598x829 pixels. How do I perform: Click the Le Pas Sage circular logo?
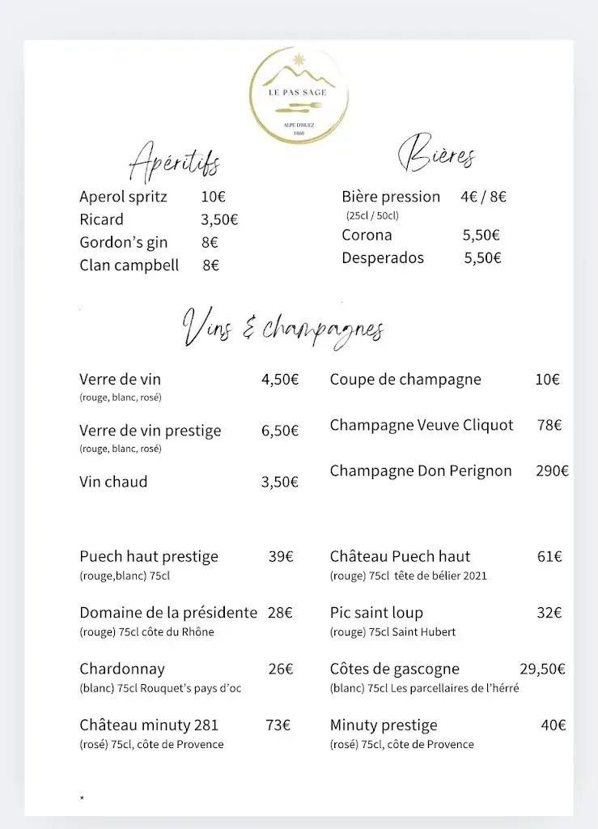point(299,96)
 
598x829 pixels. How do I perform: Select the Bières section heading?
point(436,153)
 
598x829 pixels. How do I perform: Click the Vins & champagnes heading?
point(283,329)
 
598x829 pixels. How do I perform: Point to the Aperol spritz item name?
point(123,197)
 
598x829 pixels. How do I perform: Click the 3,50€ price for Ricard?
point(219,219)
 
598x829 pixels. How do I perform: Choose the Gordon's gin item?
point(123,242)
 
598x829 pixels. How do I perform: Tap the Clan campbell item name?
point(129,265)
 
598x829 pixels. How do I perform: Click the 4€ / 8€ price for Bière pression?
point(483,197)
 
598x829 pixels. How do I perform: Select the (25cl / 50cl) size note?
point(372,216)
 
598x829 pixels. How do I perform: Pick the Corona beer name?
point(367,236)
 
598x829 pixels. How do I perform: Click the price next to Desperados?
point(482,258)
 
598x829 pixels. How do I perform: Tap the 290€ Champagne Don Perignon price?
point(552,471)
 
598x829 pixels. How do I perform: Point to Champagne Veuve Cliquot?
point(422,426)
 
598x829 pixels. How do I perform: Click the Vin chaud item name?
point(113,483)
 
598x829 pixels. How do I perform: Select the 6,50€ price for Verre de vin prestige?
point(280,432)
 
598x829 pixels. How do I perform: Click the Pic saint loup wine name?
point(376,613)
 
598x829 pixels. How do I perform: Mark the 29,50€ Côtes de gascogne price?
point(542,669)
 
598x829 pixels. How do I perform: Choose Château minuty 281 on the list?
point(149,725)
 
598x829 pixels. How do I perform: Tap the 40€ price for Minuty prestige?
point(553,725)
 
